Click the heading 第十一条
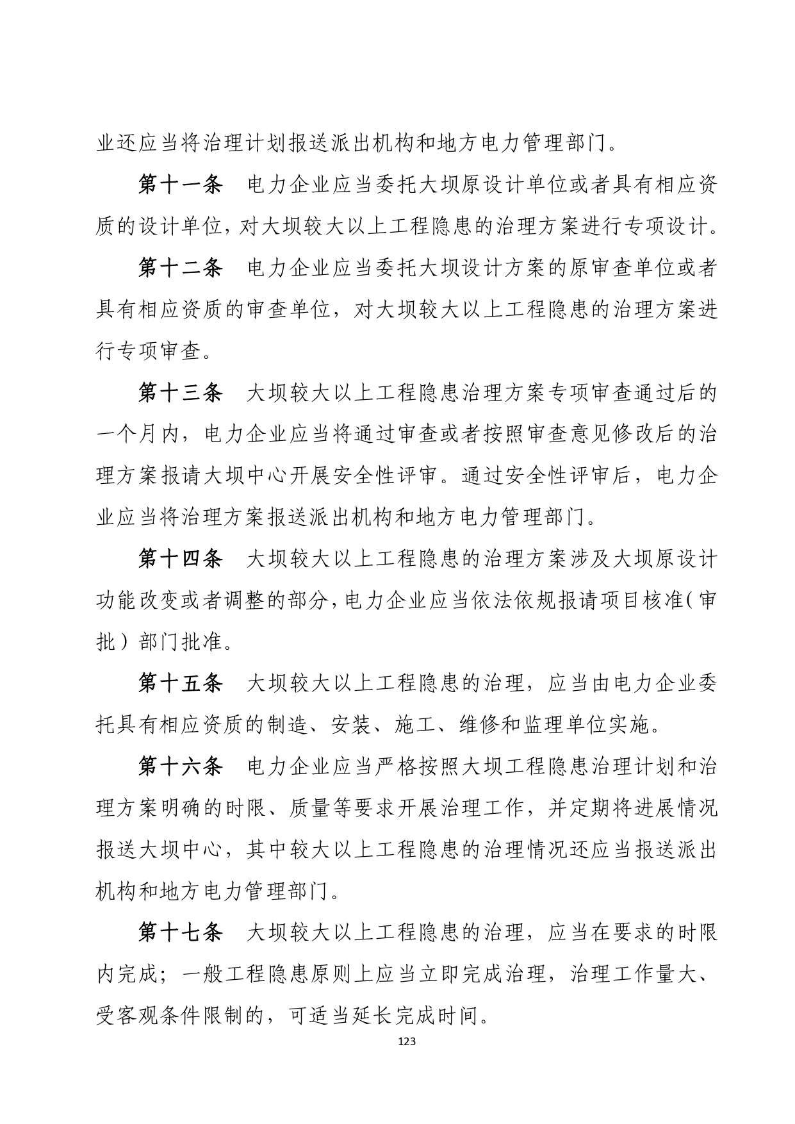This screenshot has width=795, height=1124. pos(180,185)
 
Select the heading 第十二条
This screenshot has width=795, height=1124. pos(180,269)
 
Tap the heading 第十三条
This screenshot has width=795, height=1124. pos(180,393)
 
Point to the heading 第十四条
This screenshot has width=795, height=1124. pos(180,559)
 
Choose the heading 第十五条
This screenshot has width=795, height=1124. pos(180,684)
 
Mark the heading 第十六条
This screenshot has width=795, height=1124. pos(180,767)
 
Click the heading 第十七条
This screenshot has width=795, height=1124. pos(180,933)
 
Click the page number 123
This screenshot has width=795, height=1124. pos(406,1041)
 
